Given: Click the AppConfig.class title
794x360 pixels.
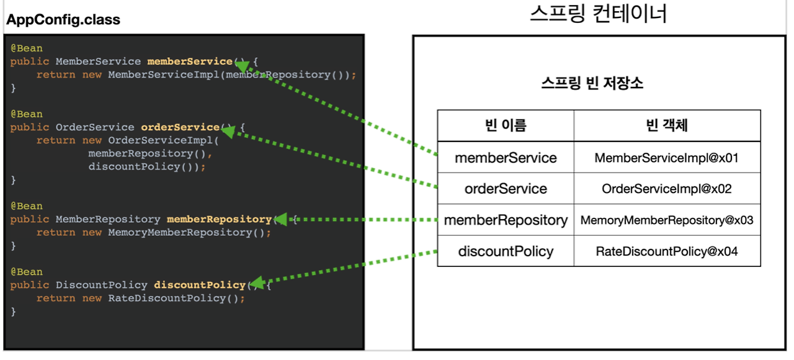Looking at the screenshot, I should coord(63,19).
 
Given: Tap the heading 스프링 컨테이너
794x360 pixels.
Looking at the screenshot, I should coord(598,14).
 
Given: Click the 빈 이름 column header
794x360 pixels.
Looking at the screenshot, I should coord(506,125).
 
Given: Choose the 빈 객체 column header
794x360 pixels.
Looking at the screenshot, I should coord(667,125).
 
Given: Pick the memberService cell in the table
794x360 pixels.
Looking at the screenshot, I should coord(506,158).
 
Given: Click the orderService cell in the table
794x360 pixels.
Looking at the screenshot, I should coord(506,189).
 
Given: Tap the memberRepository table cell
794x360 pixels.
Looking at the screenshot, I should coord(506,220).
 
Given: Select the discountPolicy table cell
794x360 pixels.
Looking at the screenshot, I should coord(506,251).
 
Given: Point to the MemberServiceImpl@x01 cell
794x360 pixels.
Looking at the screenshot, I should coord(667,158).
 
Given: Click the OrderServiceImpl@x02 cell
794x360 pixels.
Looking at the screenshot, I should coord(667,189).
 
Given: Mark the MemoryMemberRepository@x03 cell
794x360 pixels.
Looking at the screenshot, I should coord(667,220).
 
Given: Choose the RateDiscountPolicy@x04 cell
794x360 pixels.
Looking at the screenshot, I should coord(667,251).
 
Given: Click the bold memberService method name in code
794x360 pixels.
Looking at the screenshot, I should coord(190,61).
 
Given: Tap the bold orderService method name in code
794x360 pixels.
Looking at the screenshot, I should coord(180,127).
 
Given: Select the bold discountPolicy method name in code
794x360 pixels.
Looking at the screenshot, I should coord(200,285).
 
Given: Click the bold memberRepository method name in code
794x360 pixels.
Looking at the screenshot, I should coord(219,219).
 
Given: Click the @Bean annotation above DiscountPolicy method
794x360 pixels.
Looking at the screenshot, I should coord(27,272).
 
